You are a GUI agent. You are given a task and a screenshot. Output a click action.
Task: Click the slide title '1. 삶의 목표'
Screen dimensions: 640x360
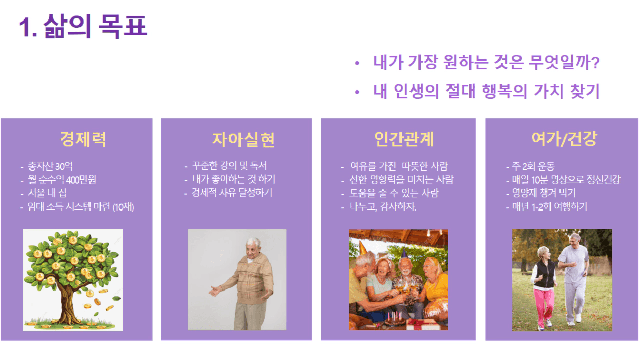pyautogui.click(x=83, y=26)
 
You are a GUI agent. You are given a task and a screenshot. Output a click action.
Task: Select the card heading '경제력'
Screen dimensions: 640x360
pyautogui.click(x=83, y=139)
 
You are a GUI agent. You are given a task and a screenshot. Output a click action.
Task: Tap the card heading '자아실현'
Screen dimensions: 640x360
pyautogui.click(x=243, y=139)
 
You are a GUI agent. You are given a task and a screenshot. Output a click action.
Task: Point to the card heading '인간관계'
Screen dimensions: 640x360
pyautogui.click(x=404, y=139)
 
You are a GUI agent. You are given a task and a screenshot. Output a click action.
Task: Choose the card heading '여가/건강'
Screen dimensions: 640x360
pyautogui.click(x=564, y=139)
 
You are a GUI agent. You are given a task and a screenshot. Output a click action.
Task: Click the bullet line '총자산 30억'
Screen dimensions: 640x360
pyautogui.click(x=50, y=166)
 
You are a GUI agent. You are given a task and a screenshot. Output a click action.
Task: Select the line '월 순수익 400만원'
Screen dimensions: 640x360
pyautogui.click(x=62, y=179)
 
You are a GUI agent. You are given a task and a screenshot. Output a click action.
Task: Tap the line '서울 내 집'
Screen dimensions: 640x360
pyautogui.click(x=47, y=193)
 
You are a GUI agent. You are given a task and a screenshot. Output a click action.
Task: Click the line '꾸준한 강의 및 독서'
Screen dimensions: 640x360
pyautogui.click(x=229, y=165)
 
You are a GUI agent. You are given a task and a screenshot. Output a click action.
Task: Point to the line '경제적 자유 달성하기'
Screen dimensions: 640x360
pyautogui.click(x=232, y=192)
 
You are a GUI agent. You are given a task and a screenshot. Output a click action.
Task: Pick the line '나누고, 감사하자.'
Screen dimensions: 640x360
pyautogui.click(x=383, y=206)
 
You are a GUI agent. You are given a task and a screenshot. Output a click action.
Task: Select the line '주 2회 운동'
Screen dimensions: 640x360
pyautogui.click(x=533, y=166)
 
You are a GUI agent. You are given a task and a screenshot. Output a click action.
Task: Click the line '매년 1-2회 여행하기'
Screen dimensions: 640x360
pyautogui.click(x=549, y=206)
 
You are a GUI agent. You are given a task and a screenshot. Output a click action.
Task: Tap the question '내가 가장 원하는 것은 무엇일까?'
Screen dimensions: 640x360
pyautogui.click(x=486, y=62)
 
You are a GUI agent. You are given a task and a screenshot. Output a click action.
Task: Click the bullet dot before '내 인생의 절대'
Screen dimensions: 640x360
pyautogui.click(x=357, y=92)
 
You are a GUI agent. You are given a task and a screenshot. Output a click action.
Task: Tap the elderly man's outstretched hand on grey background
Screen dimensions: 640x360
pyautogui.click(x=215, y=292)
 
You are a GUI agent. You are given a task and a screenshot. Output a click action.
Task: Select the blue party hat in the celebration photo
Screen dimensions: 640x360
pyautogui.click(x=404, y=254)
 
